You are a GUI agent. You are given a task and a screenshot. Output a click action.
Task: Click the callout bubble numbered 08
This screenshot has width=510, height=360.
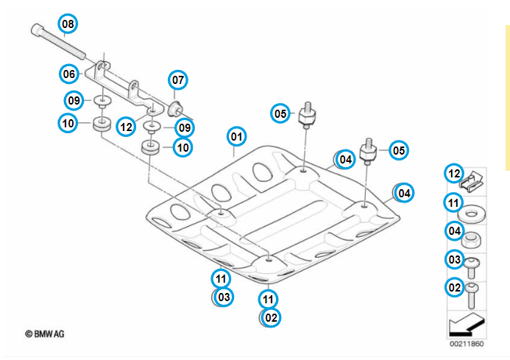click(x=67, y=24)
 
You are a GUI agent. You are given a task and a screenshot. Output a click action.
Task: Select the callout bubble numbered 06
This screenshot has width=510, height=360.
click(x=69, y=74)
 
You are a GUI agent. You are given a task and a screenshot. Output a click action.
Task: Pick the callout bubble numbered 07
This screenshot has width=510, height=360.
click(x=179, y=80)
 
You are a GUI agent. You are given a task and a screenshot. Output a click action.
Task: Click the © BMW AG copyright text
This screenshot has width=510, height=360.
click(x=45, y=333)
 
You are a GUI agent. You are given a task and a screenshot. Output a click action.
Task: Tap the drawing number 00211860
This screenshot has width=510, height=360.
click(x=467, y=344)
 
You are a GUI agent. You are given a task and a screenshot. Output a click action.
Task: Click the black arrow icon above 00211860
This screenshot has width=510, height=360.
click(x=466, y=323)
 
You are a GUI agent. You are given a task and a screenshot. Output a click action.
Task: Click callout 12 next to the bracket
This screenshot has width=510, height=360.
click(x=127, y=126)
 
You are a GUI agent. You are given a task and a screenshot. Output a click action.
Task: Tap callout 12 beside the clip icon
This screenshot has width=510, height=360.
click(x=453, y=173)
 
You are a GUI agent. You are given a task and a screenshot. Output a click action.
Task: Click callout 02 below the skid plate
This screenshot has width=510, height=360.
click(x=272, y=317)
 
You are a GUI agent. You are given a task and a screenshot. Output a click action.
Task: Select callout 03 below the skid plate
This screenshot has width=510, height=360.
click(x=224, y=297)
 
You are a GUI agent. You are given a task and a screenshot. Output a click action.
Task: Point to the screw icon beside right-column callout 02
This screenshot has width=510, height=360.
click(x=472, y=294)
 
